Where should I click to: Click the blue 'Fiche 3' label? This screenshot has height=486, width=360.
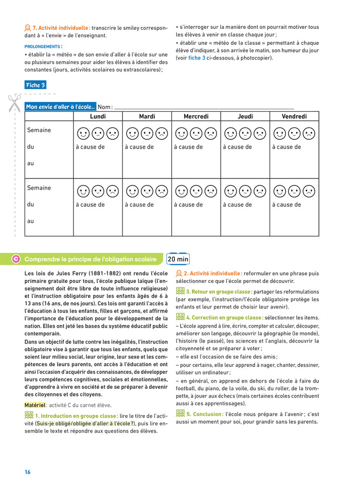[x=35, y=85]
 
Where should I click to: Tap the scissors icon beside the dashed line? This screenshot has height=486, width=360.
[x=14, y=102]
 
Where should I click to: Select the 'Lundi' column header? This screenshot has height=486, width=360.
[x=98, y=117]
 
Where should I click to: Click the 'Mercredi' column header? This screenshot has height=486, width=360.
[x=196, y=117]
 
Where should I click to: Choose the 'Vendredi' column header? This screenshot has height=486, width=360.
[x=294, y=117]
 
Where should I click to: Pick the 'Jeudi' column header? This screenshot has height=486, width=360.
[x=245, y=117]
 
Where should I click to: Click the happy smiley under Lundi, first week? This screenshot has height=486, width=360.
[x=83, y=134]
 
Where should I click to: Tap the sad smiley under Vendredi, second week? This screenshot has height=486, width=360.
[x=309, y=192]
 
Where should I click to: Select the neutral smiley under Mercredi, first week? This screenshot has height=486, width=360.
[x=196, y=134]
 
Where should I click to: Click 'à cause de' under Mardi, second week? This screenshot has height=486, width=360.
[x=139, y=205]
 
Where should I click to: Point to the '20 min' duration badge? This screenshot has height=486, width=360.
[x=178, y=259]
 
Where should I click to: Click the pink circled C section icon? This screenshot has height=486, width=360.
[x=16, y=259]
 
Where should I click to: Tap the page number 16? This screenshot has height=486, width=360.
[x=28, y=472]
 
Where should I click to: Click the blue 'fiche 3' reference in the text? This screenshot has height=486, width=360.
[x=196, y=58]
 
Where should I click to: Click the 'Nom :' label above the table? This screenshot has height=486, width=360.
[x=105, y=107]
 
